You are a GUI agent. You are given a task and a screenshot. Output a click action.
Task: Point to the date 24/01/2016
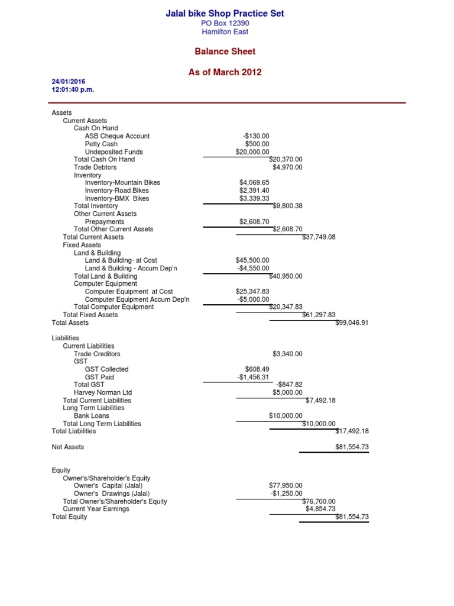tap(69, 82)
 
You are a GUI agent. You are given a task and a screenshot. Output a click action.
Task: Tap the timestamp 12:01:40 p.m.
tap(73, 90)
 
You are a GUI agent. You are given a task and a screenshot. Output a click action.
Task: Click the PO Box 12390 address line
tap(225, 23)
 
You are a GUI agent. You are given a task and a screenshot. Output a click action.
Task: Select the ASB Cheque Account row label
tap(117, 136)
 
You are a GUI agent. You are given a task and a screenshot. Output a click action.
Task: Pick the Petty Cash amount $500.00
tap(257, 144)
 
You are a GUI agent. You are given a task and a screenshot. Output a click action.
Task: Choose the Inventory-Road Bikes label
tap(117, 191)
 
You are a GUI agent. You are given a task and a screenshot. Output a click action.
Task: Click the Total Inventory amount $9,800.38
tap(287, 207)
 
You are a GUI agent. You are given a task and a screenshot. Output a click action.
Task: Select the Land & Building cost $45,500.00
tap(252, 260)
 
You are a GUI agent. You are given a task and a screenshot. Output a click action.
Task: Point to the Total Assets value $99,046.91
tap(352, 323)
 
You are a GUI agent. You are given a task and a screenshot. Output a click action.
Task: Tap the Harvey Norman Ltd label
tap(103, 392)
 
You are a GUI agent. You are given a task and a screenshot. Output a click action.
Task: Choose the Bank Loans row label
tap(102, 416)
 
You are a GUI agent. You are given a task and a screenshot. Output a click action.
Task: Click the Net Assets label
tap(68, 447)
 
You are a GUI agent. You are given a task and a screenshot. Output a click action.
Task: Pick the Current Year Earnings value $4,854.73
tap(320, 509)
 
